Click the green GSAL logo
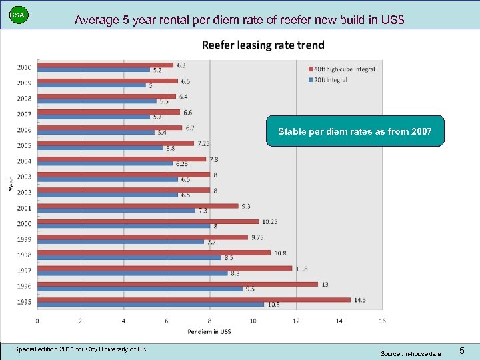[x=19, y=15]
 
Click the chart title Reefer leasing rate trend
[x=263, y=45]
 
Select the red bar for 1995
[x=193, y=300]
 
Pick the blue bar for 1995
[x=150, y=305]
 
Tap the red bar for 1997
[x=164, y=268]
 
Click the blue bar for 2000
[x=123, y=226]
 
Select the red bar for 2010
[x=105, y=65]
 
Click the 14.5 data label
[x=360, y=300]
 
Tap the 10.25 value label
[x=270, y=221]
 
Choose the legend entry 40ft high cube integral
[x=342, y=69]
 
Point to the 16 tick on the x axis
[x=382, y=321]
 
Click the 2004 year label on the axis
[x=24, y=161]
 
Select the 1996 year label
[x=24, y=286]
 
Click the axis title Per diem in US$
[x=209, y=331]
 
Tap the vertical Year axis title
[x=11, y=183]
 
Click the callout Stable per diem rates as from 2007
[x=354, y=131]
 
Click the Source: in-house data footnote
[x=411, y=353]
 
